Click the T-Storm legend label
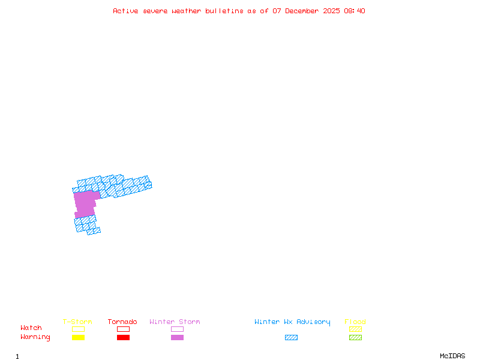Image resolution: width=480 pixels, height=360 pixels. point(77,322)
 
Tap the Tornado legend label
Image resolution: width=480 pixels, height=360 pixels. point(122,322)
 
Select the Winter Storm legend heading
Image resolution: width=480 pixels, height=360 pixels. point(175,322)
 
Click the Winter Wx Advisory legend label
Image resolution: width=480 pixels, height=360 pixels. point(292,322)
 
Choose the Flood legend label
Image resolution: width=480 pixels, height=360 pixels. point(355,322)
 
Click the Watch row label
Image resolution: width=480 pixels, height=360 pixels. point(31,328)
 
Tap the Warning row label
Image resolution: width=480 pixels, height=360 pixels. point(35,337)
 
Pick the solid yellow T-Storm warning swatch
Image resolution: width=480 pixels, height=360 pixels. point(78,338)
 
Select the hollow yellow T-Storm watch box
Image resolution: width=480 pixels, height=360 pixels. point(78,329)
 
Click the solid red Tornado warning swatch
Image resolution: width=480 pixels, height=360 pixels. point(123,338)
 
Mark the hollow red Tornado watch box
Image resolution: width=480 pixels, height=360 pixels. point(123,329)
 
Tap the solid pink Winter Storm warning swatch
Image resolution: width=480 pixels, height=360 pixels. point(177,338)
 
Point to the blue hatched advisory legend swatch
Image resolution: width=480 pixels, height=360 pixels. point(291,338)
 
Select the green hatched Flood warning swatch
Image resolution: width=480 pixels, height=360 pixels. point(355,338)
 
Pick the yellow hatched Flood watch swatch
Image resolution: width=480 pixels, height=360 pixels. point(355,329)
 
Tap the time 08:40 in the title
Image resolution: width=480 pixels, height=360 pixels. point(354,11)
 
